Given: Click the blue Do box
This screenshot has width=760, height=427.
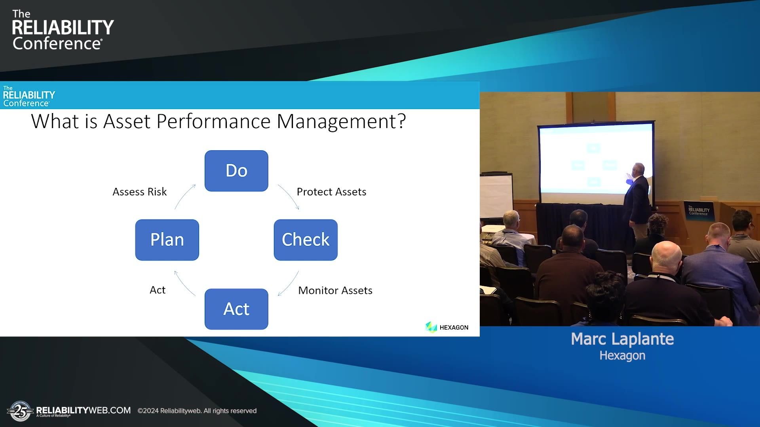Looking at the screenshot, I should tap(236, 171).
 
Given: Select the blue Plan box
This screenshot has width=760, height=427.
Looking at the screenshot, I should tap(167, 240).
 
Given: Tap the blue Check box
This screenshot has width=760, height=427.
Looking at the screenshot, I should tap(306, 240).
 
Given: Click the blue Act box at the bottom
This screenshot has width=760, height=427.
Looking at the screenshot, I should tap(236, 309).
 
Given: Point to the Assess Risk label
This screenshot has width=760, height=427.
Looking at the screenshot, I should tap(140, 192).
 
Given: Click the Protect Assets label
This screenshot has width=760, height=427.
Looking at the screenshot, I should tap(331, 192).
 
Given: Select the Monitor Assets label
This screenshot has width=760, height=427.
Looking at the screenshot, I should tap(335, 291).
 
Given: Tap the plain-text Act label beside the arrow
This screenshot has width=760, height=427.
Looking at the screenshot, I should tap(158, 290).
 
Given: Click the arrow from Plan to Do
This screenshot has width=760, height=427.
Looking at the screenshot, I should tap(184, 196).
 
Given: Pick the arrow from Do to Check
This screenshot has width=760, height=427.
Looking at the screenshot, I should tap(289, 196).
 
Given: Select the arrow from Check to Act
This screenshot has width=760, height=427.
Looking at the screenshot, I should tap(289, 283).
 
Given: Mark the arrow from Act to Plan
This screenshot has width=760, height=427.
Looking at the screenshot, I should tap(184, 283).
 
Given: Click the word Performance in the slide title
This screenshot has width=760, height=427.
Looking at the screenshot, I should tap(213, 121).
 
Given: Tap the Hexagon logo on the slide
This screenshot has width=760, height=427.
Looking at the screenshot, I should tap(447, 327).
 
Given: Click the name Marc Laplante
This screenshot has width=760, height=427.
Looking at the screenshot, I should tap(622, 339).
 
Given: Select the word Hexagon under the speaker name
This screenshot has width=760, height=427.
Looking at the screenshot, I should tap(622, 355).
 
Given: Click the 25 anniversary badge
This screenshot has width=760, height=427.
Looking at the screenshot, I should tap(20, 411).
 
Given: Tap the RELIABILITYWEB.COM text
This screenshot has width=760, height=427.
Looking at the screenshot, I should tap(84, 410).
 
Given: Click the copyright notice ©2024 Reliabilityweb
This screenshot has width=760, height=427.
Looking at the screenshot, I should tap(197, 411).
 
